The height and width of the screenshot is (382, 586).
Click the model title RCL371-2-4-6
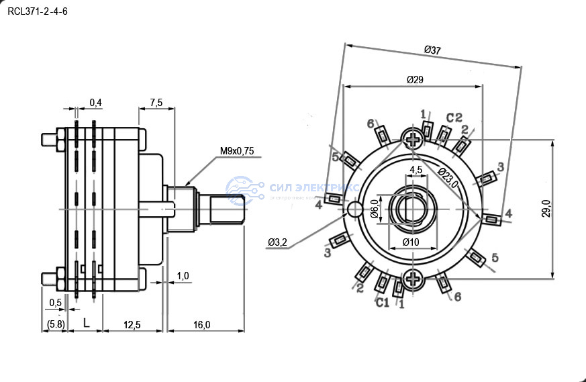[38, 11]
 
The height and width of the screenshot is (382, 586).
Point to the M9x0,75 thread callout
[237, 151]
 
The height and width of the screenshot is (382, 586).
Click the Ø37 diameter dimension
[433, 50]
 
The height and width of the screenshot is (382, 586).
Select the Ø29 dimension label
[415, 79]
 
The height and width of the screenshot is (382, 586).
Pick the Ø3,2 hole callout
[277, 242]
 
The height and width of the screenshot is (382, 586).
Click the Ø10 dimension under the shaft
[410, 242]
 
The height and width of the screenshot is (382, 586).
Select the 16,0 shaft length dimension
[201, 325]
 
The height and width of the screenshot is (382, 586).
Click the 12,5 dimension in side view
[132, 325]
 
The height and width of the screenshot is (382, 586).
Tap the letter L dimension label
[86, 324]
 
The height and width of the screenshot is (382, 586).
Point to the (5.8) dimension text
[55, 325]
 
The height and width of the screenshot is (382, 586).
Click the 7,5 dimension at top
[156, 103]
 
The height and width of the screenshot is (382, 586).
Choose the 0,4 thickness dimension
[95, 103]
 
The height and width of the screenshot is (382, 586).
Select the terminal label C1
[382, 303]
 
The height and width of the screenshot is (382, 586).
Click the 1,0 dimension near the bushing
[183, 276]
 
